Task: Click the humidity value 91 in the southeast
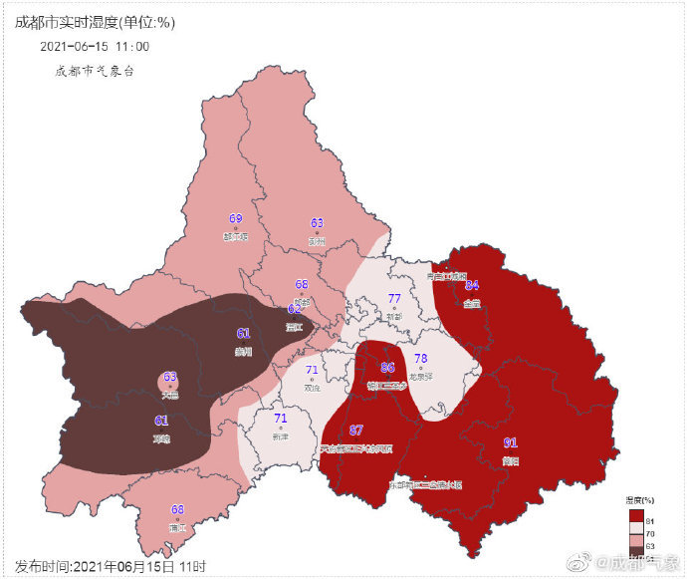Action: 510,442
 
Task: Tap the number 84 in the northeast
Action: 472,285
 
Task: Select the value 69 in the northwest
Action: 236,219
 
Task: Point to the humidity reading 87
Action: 355,430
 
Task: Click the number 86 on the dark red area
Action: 388,367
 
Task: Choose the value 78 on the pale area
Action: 420,359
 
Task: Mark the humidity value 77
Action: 394,299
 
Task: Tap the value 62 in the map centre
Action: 294,309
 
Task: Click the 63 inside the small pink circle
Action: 170,377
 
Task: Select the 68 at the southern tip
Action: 177,509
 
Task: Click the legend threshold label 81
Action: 649,521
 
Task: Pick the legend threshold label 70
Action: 649,534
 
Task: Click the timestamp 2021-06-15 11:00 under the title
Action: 95,46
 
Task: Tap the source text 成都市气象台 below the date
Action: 95,71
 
